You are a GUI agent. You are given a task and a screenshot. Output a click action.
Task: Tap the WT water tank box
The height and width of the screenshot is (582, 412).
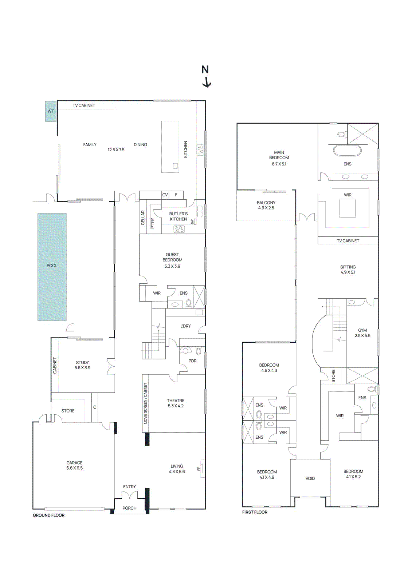pyautogui.click(x=51, y=111)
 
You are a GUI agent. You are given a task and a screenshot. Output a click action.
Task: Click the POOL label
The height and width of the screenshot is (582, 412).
pyautogui.click(x=52, y=266)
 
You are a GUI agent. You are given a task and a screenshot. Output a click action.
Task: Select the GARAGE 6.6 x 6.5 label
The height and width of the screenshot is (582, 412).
pyautogui.click(x=74, y=465)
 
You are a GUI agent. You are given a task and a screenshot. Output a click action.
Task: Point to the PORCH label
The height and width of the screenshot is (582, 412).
pyautogui.click(x=129, y=508)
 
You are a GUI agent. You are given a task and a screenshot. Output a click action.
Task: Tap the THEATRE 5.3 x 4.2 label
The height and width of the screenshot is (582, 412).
pyautogui.click(x=176, y=403)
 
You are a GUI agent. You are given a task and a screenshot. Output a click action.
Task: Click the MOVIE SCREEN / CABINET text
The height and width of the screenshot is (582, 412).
pyautogui.click(x=145, y=403)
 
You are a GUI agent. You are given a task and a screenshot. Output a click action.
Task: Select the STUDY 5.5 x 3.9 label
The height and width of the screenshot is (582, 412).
pyautogui.click(x=82, y=365)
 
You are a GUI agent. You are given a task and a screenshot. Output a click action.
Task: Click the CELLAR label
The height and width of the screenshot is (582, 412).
pyautogui.click(x=143, y=218)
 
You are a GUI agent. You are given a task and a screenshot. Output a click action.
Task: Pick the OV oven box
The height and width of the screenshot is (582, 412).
pyautogui.click(x=165, y=195)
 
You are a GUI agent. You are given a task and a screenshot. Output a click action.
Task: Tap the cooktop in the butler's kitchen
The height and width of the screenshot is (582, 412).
pyautogui.click(x=179, y=229)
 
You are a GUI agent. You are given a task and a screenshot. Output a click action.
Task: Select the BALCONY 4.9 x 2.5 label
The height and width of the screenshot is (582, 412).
pyautogui.click(x=266, y=205)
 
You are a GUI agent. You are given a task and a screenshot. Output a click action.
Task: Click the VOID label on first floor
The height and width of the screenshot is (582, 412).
pyautogui.click(x=310, y=478)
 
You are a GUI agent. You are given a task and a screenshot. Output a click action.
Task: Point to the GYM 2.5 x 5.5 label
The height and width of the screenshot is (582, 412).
pyautogui.click(x=362, y=333)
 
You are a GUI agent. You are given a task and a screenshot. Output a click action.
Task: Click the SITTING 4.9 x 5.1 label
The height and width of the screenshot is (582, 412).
pyautogui.click(x=348, y=269)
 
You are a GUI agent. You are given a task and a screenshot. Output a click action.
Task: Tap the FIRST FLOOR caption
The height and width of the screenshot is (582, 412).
pyautogui.click(x=255, y=512)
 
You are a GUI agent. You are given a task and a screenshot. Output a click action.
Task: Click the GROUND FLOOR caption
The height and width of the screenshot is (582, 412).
pyautogui.click(x=48, y=515)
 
